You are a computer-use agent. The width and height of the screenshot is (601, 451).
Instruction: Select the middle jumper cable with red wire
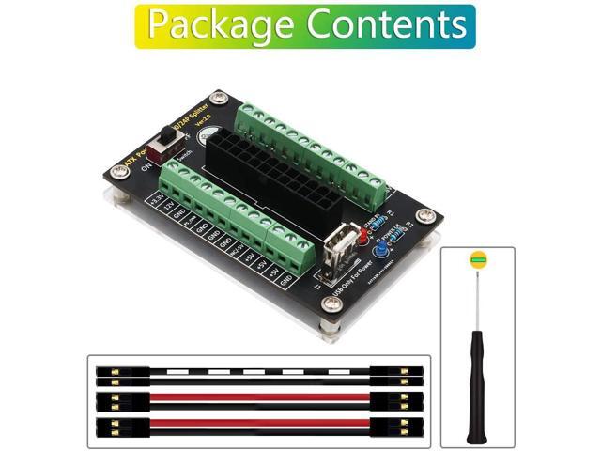coord(258,398)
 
